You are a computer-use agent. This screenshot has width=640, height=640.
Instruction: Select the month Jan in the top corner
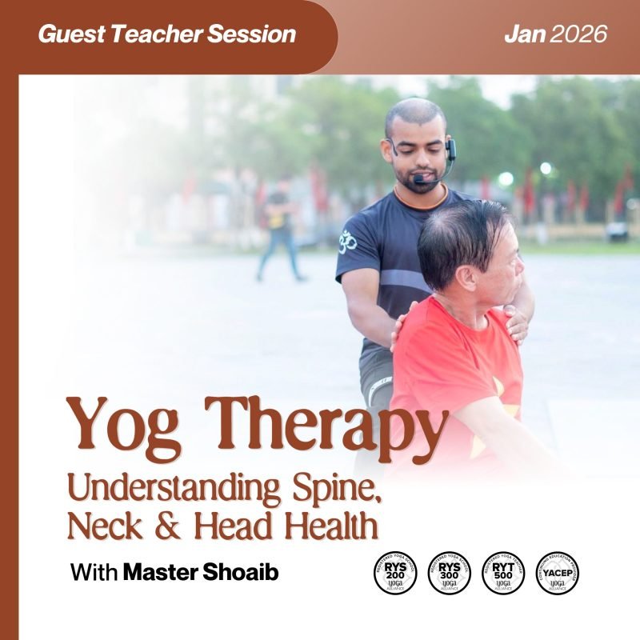coord(524,34)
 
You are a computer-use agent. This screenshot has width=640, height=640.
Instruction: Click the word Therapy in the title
coord(320,425)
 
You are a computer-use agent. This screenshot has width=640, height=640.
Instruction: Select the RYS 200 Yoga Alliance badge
coord(396,573)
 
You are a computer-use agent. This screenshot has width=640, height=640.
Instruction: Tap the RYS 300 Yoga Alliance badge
coord(450,573)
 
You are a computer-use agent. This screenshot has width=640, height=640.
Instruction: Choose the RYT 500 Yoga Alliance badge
coord(503,573)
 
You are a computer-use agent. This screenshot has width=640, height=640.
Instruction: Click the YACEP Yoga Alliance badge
coord(557,573)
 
